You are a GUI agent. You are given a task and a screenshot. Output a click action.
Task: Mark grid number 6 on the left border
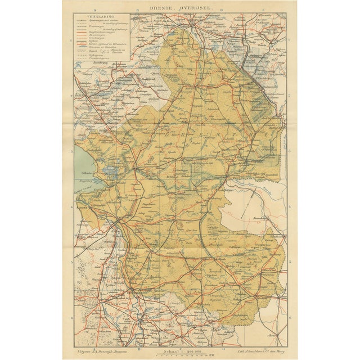72,316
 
